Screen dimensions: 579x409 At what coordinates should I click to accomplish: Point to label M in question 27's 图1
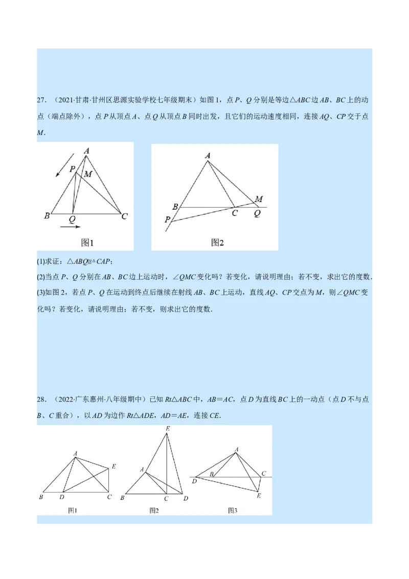88,174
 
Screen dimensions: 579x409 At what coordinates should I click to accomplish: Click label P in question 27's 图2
167,219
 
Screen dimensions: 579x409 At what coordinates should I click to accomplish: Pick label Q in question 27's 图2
257,213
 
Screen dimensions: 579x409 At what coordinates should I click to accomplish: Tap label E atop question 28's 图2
168,428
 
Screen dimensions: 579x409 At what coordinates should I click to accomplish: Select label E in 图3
259,496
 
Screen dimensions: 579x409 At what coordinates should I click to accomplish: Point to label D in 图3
194,481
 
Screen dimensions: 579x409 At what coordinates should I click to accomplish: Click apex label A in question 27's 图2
208,155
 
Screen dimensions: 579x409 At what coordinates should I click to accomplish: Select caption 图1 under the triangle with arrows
88,242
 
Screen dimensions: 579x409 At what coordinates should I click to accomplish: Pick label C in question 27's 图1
124,217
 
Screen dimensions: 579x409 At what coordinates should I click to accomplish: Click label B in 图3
211,475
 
